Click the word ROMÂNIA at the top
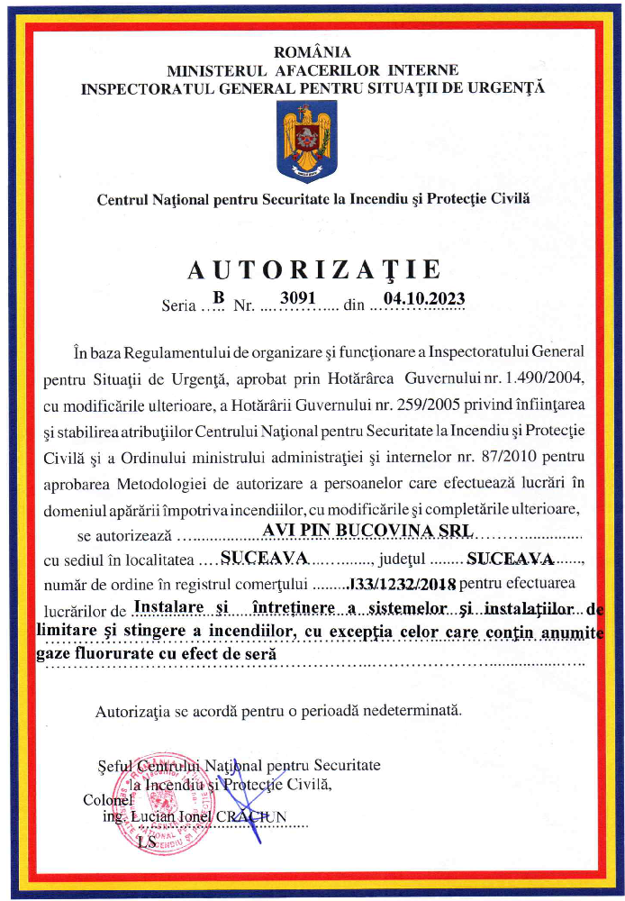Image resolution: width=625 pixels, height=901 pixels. [x=312, y=52]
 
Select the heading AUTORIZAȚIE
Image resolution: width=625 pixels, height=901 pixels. [x=313, y=269]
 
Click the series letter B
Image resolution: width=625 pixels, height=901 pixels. [x=217, y=297]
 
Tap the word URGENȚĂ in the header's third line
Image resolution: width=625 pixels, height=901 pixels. [x=507, y=88]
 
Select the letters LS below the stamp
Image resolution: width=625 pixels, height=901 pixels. [x=147, y=842]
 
